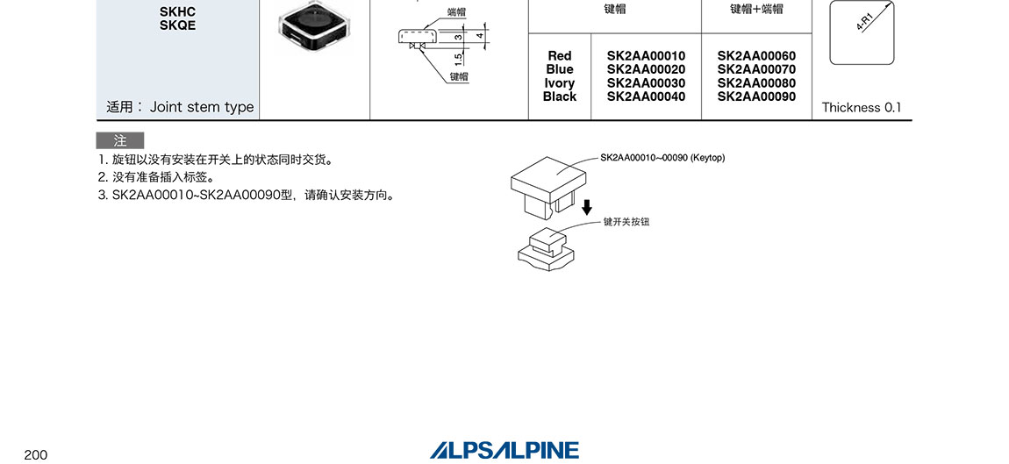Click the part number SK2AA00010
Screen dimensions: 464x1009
tap(646, 56)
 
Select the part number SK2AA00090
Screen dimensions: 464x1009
tap(756, 96)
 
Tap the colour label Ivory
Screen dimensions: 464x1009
tap(559, 83)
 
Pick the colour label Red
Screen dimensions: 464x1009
tap(559, 56)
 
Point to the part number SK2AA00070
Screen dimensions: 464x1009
tap(756, 69)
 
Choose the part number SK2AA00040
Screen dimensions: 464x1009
tap(646, 96)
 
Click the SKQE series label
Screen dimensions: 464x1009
tap(177, 25)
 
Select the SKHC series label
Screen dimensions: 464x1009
tap(177, 11)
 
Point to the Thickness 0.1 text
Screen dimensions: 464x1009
tap(861, 108)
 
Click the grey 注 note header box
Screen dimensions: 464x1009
tap(120, 140)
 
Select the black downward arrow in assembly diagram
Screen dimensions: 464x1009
tap(587, 208)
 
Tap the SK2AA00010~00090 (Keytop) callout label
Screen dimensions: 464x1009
tap(662, 158)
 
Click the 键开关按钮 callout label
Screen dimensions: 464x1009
tap(626, 222)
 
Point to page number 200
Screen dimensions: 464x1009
tap(36, 454)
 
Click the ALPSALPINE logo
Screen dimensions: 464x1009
tap(504, 450)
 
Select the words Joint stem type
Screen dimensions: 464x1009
tap(202, 107)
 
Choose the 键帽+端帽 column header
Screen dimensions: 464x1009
tap(756, 10)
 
